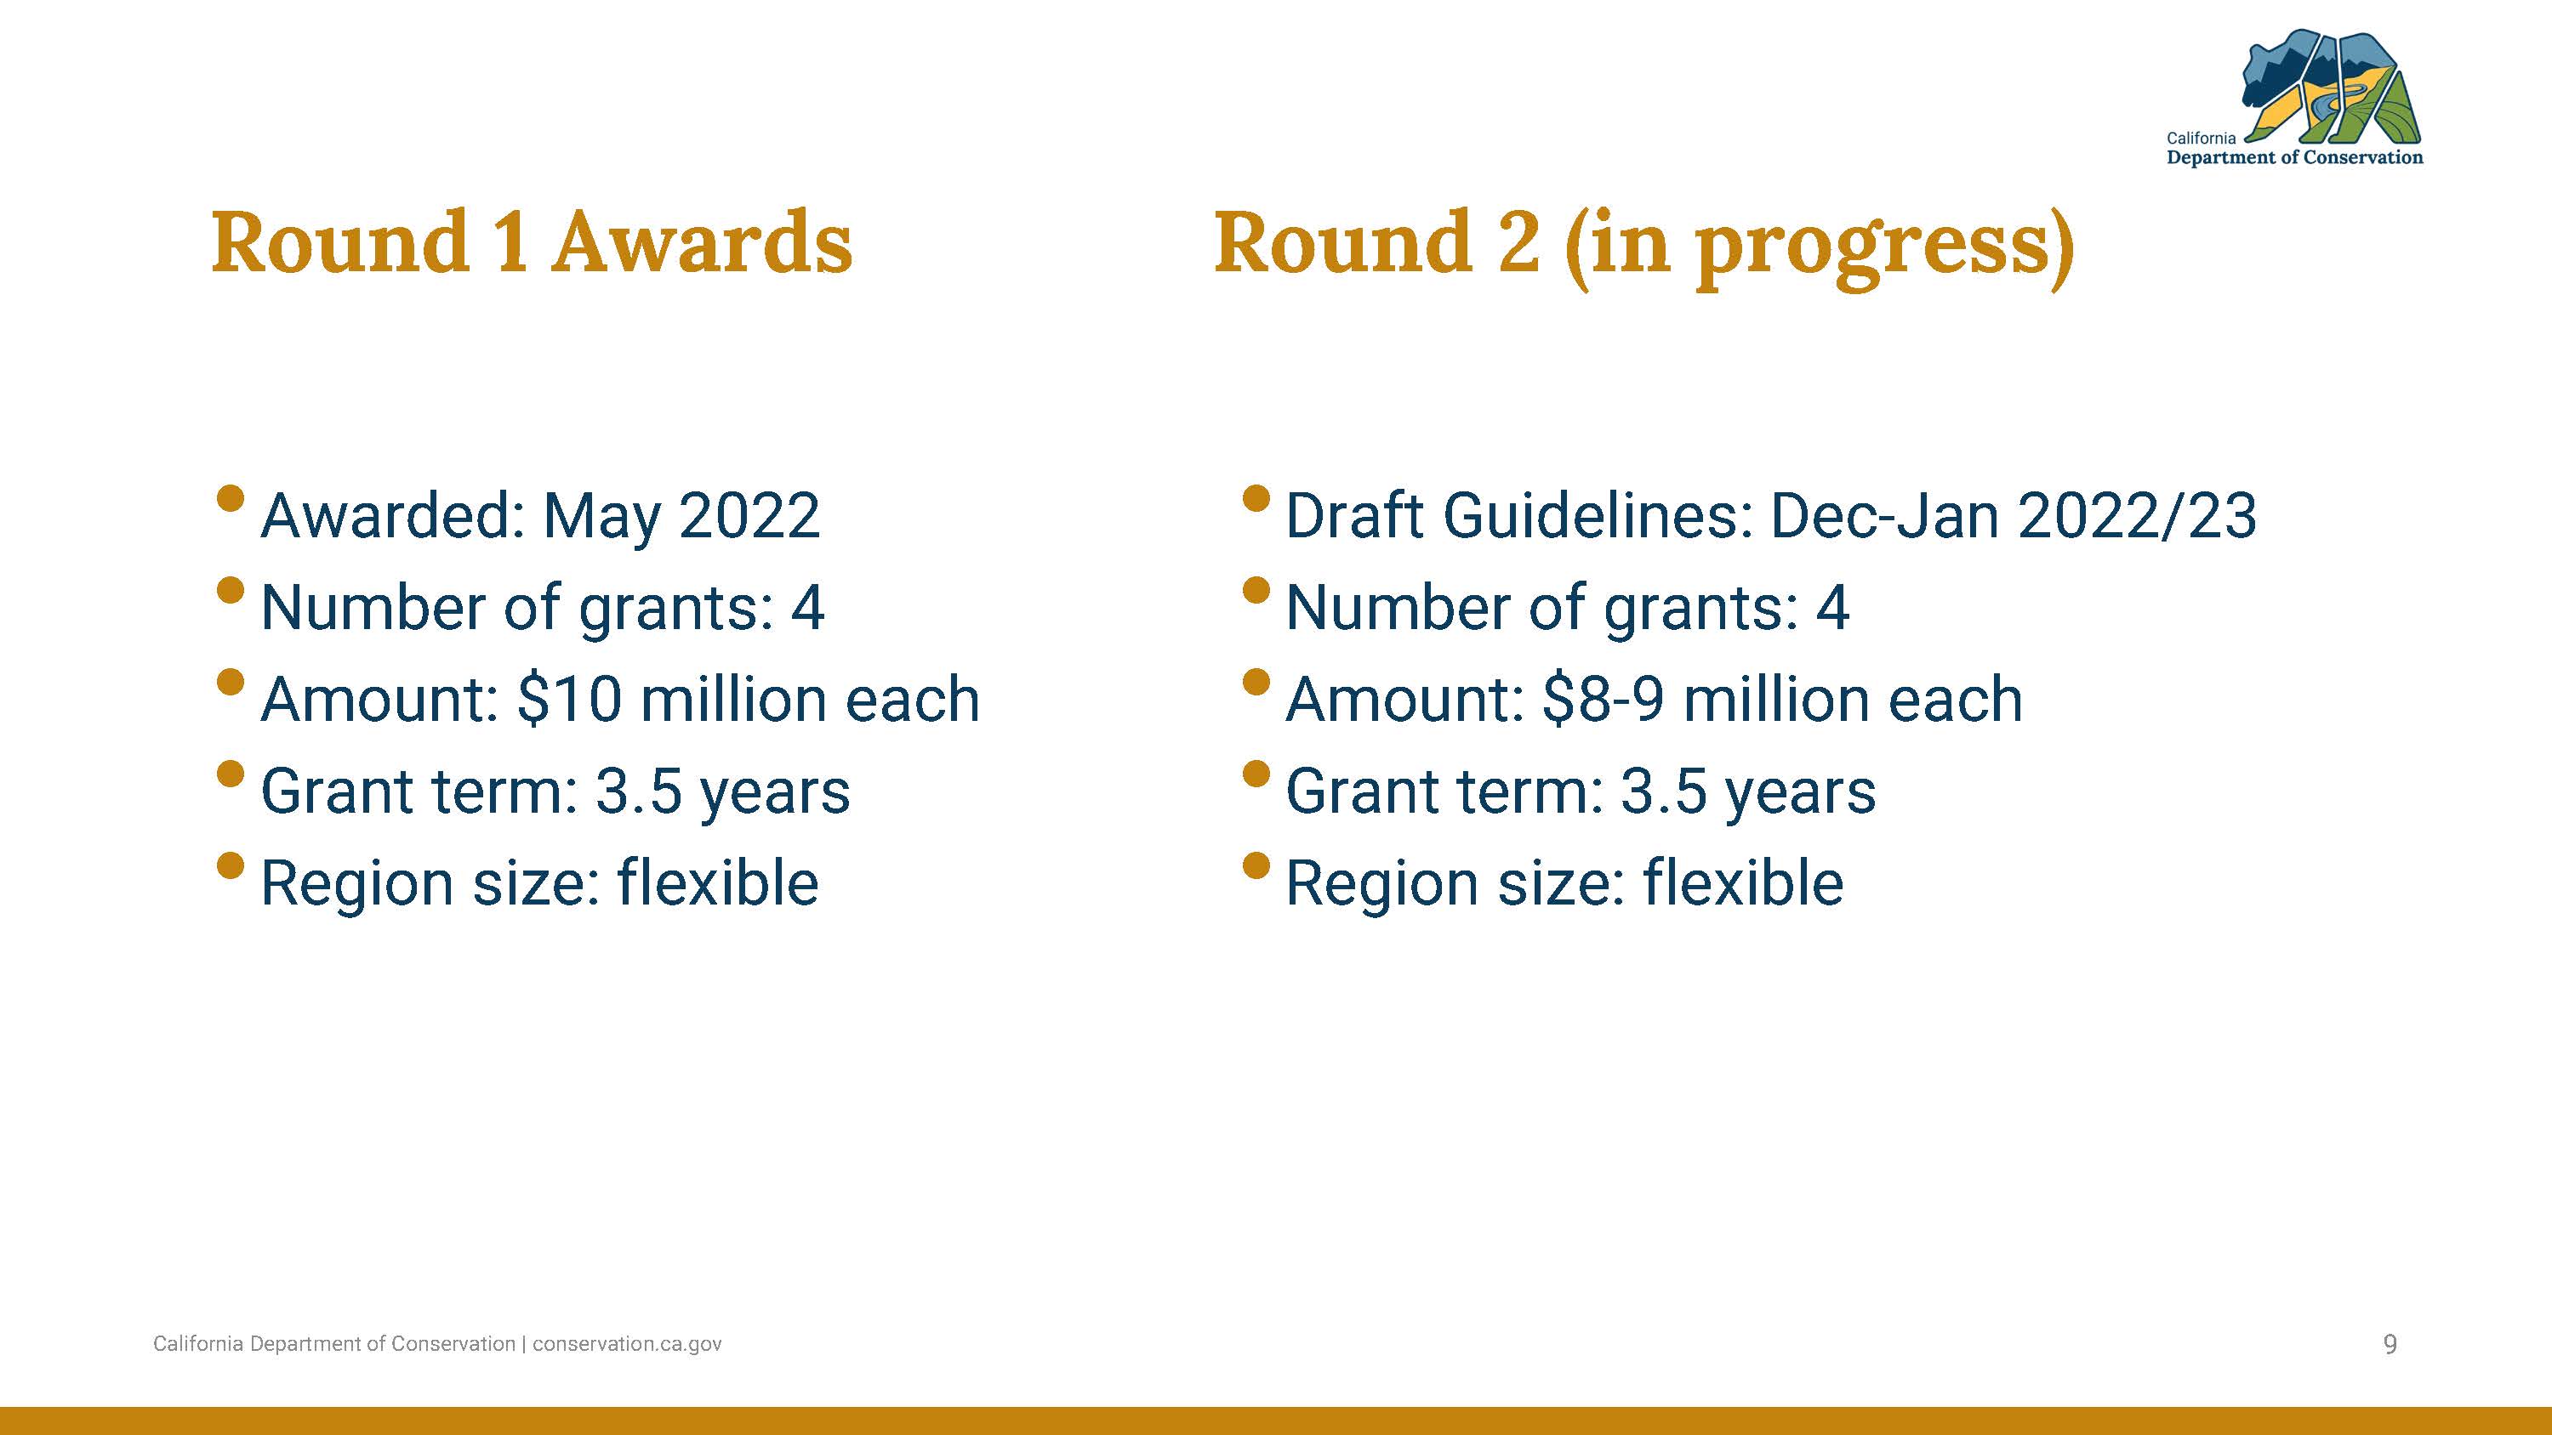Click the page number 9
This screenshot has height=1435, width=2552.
pyautogui.click(x=2390, y=1344)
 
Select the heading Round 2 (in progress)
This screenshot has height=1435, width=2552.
pyautogui.click(x=1644, y=247)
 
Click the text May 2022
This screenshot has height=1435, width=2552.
pyautogui.click(x=681, y=516)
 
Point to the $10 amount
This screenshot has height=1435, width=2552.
pyautogui.click(x=570, y=699)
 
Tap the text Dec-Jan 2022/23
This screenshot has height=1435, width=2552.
pyautogui.click(x=2013, y=516)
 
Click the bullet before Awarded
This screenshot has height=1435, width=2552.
pyautogui.click(x=230, y=497)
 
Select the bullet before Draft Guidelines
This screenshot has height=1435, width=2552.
pyautogui.click(x=1256, y=497)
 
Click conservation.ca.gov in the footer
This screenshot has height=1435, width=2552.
pyautogui.click(x=627, y=1344)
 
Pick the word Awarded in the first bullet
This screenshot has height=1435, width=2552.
pyautogui.click(x=392, y=516)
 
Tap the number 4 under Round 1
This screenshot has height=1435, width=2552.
pyautogui.click(x=807, y=607)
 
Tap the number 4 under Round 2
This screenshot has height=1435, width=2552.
pyautogui.click(x=1833, y=607)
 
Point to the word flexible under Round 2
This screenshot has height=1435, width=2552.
pyautogui.click(x=1743, y=882)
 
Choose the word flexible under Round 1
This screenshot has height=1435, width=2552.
pyautogui.click(x=718, y=882)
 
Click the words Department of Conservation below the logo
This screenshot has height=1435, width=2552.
pyautogui.click(x=2294, y=157)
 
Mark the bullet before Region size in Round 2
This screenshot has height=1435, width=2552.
pyautogui.click(x=1256, y=865)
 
